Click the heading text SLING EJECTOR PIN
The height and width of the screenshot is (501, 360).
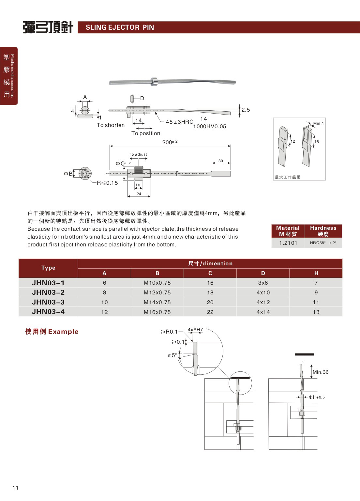coord(120,27)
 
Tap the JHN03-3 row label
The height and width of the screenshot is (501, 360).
coord(48,302)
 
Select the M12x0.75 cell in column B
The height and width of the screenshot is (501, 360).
coord(157,292)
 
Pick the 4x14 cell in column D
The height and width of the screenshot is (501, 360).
coord(263,312)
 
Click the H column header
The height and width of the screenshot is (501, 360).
coord(316,273)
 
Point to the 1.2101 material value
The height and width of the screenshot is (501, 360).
coord(288,243)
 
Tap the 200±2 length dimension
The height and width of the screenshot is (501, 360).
coord(170,142)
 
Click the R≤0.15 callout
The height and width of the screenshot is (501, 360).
coord(107,183)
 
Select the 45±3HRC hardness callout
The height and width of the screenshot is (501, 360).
coord(179,122)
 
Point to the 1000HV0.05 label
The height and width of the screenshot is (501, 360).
coord(209,127)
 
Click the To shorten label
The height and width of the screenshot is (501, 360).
coord(111,125)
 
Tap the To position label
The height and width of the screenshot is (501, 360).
coord(146,133)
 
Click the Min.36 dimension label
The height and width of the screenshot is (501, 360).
coord(320,372)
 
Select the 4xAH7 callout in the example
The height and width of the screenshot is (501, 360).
coord(195,330)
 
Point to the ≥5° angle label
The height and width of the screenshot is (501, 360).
coord(172,355)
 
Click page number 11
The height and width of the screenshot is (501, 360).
coord(16,488)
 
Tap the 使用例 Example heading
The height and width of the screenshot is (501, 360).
coord(52,332)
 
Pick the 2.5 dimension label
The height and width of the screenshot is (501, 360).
coord(246,110)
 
